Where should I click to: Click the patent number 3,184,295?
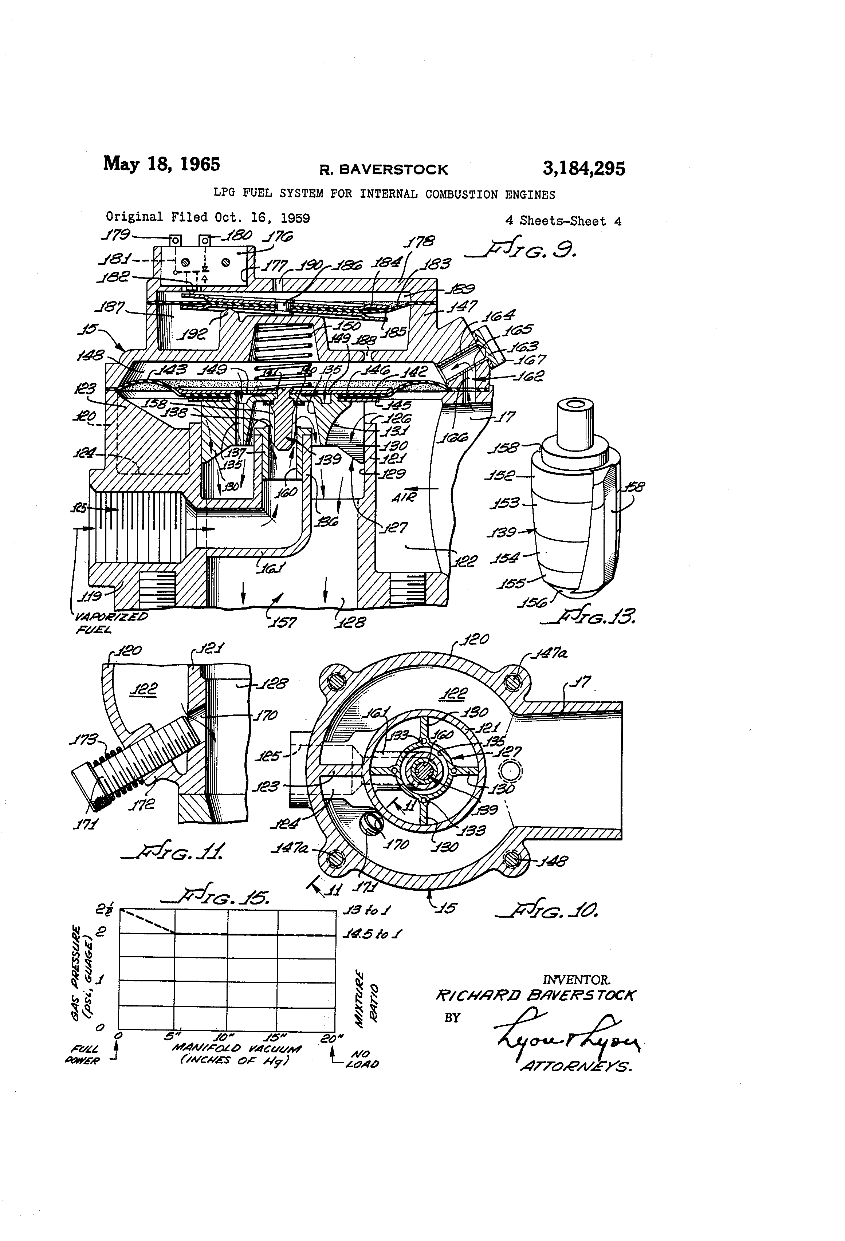click(x=583, y=169)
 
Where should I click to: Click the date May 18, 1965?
click(x=161, y=164)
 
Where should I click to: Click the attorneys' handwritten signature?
click(x=566, y=1033)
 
